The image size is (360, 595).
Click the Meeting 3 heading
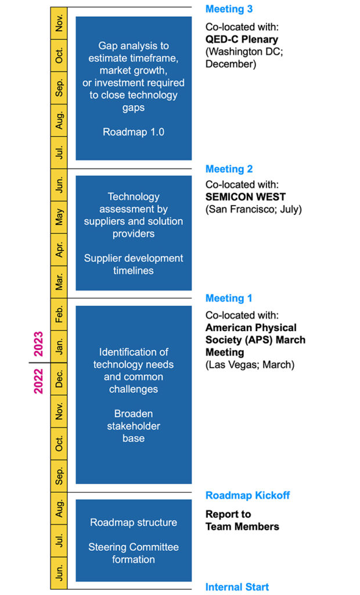pos(229,9)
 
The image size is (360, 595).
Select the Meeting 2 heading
pos(229,169)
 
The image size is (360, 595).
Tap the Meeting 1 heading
pos(229,298)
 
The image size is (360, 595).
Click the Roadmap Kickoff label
pos(247,496)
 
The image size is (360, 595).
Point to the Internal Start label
pos(237,587)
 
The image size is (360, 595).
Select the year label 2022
pos(38,381)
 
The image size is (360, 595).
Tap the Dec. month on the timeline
pos(59,379)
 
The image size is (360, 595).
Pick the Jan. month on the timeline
pos(59,347)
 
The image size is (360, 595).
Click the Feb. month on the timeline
pos(59,314)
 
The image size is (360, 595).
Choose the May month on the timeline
pos(59,217)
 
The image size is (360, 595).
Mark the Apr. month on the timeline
pos(59,250)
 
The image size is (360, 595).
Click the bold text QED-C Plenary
pos(242,40)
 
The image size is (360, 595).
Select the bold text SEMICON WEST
pos(245,197)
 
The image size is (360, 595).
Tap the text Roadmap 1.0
pos(134,132)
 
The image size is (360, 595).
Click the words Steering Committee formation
pos(134,553)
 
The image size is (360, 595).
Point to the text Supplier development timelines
pos(134,264)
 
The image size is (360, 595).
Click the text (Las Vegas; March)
pos(250,365)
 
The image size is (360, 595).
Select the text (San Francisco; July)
pos(253,209)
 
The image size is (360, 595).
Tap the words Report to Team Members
pos(242,521)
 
